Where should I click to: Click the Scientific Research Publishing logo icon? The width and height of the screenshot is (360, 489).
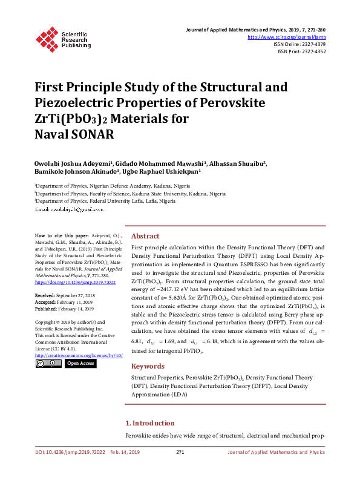point(47,38)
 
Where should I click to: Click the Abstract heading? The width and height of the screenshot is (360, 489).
point(145,236)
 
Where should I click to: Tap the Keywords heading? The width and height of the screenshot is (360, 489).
point(148,366)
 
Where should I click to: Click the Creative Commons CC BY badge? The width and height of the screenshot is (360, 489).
point(48,364)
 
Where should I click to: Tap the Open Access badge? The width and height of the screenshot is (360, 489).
point(80,364)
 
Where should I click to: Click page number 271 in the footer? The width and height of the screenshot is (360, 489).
point(180,452)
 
